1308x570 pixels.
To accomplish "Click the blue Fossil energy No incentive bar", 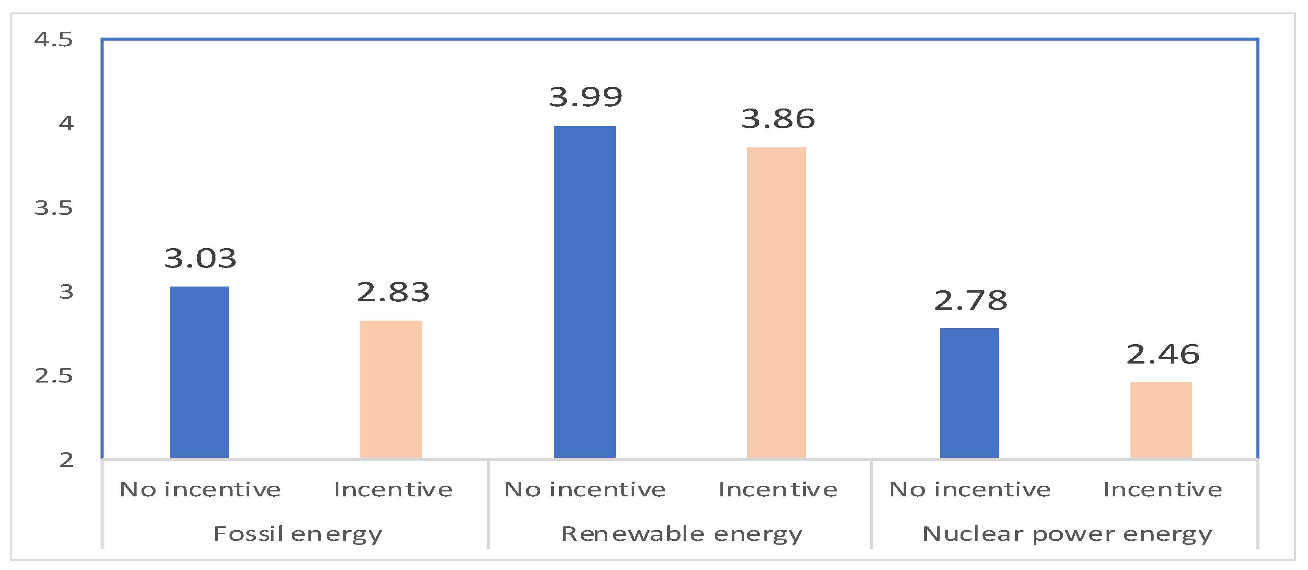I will (x=199, y=372).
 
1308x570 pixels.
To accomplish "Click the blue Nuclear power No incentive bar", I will (x=969, y=393).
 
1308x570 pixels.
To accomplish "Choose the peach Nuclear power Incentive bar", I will (x=1161, y=420).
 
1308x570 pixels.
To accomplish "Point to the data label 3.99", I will (x=585, y=97).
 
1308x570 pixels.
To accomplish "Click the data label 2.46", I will (x=1163, y=354).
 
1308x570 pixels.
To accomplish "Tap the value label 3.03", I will (x=200, y=258).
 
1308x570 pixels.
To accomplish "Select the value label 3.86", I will (x=778, y=119).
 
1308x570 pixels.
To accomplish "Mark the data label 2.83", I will (x=393, y=292).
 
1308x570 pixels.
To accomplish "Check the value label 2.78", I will (x=970, y=300).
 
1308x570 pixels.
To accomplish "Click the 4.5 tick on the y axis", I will (x=53, y=39).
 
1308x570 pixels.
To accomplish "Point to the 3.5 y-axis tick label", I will (x=53, y=208).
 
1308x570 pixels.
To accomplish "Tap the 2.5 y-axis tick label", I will (x=53, y=376).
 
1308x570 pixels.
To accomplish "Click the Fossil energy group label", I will (x=297, y=534).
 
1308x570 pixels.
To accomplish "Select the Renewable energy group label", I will (x=681, y=534).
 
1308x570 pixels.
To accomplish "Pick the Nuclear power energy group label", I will (x=1067, y=534).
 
